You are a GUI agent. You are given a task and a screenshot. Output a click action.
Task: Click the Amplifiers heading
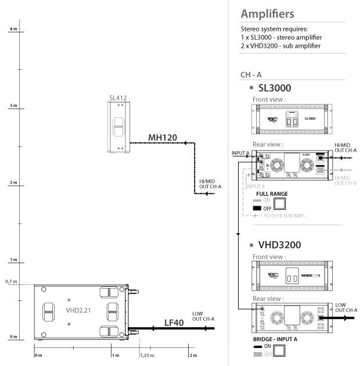pyautogui.click(x=267, y=13)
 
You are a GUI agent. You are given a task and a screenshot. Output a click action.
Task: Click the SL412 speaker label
pyautogui.click(x=118, y=98)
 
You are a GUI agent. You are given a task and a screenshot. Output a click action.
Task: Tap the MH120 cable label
pyautogui.click(x=163, y=138)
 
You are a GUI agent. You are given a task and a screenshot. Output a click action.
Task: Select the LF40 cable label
pyautogui.click(x=174, y=322)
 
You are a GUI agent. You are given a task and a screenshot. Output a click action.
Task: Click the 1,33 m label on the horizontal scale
pyautogui.click(x=148, y=354)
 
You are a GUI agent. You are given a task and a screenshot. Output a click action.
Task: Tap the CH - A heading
pyautogui.click(x=250, y=75)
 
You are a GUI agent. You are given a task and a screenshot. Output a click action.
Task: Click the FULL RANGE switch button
pyautogui.click(x=280, y=203)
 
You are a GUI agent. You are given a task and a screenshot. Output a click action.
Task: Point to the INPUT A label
pyautogui.click(x=240, y=153)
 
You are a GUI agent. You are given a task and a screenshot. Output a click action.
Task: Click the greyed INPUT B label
pyautogui.click(x=255, y=186)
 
